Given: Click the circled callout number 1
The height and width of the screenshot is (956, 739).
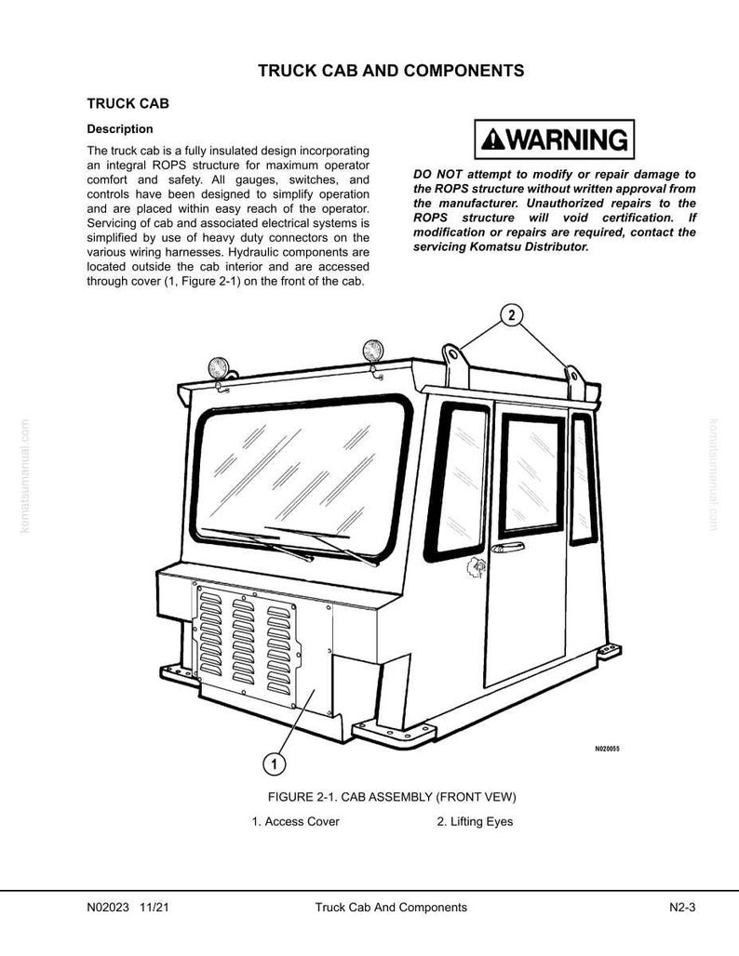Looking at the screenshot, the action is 274,763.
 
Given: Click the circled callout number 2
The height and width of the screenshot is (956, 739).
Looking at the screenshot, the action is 511,315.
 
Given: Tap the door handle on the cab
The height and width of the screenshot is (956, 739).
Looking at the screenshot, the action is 508,548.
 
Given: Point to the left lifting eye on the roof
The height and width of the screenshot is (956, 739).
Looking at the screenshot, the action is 455,365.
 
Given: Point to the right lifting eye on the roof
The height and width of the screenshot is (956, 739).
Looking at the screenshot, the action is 574,382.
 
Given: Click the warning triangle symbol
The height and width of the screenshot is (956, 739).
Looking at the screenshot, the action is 492,140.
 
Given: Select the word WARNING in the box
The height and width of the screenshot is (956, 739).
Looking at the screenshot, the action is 567,139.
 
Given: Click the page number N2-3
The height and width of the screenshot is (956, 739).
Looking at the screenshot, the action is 682,908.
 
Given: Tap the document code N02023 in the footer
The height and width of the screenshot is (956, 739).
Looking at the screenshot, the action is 108,908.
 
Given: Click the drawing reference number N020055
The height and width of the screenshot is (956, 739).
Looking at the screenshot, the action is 607,749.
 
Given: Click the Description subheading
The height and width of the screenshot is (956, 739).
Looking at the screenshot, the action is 120,129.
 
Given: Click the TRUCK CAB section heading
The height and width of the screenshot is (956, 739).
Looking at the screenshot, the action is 128,103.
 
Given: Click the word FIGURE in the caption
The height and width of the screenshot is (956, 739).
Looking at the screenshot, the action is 290,797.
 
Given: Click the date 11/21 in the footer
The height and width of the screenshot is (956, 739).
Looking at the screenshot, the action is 154,908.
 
